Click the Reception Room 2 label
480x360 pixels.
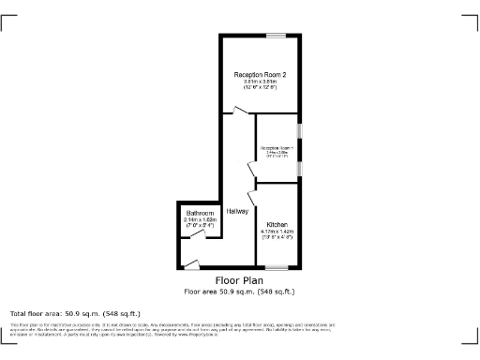point(260,74)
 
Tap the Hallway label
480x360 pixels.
point(237,211)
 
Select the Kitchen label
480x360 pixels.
point(277,225)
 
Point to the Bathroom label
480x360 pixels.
point(200,213)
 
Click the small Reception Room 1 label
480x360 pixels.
point(277,148)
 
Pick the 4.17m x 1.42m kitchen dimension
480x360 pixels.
point(277,232)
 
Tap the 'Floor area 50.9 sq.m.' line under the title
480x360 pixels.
point(239,291)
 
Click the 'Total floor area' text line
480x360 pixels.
point(75,313)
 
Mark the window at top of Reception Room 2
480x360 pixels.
point(275,36)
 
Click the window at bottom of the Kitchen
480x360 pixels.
point(276,268)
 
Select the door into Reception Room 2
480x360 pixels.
point(242,112)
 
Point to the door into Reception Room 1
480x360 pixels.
point(252,169)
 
